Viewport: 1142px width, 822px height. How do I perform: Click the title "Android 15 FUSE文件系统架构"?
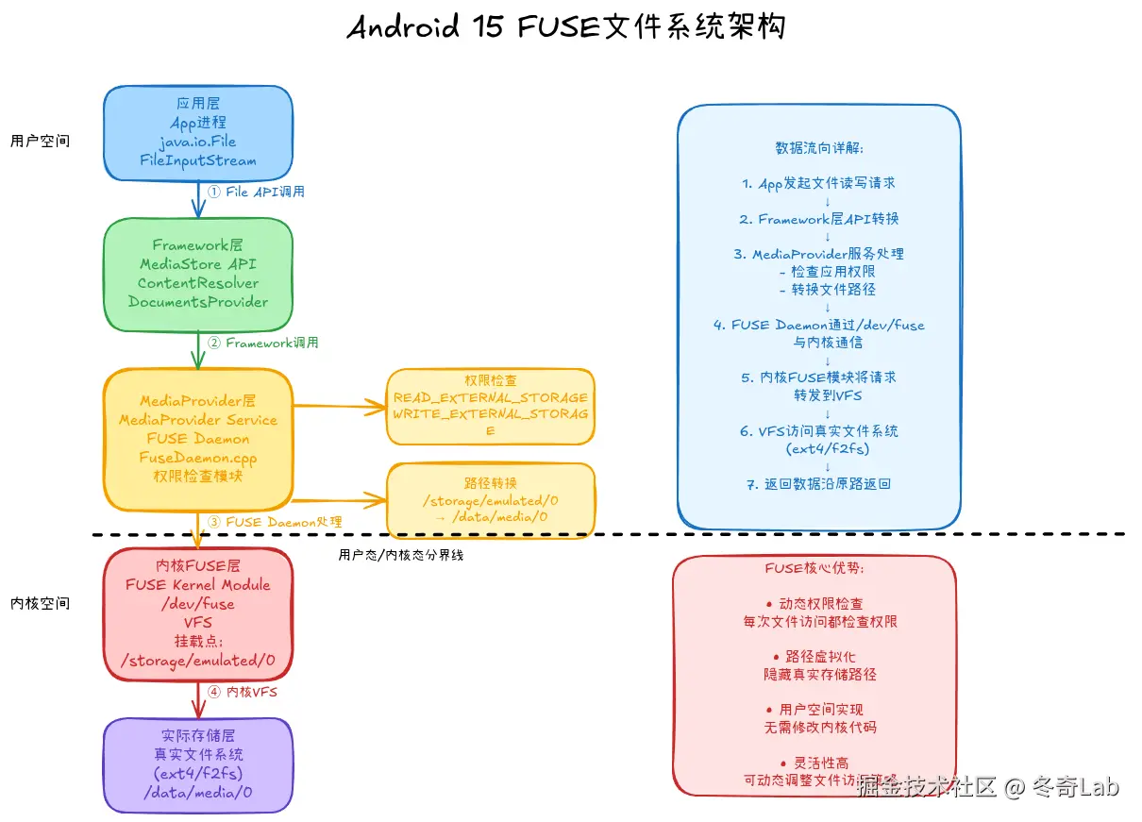coord(565,27)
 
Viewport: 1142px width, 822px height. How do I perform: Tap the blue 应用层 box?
coord(197,133)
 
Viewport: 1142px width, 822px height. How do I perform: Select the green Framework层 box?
coord(197,275)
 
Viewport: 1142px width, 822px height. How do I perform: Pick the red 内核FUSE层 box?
coord(197,613)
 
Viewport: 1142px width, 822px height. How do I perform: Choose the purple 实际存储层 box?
coord(197,764)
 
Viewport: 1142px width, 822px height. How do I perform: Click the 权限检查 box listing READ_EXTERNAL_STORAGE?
coord(490,406)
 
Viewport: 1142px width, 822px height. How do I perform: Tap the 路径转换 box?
coord(490,500)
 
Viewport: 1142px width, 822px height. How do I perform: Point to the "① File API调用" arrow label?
coord(256,192)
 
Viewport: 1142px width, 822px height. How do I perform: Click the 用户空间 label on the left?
coord(40,142)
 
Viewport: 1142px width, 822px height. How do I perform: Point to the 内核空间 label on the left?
coord(40,603)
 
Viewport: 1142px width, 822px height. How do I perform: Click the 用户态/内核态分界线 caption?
coord(400,555)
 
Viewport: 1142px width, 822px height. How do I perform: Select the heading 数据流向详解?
coord(818,148)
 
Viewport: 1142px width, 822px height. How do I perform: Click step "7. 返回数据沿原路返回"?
coord(818,484)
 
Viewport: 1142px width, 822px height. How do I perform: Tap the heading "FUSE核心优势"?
coord(814,569)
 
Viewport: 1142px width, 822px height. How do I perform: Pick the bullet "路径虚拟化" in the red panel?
coord(814,657)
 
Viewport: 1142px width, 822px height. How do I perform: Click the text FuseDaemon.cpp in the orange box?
coord(197,458)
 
